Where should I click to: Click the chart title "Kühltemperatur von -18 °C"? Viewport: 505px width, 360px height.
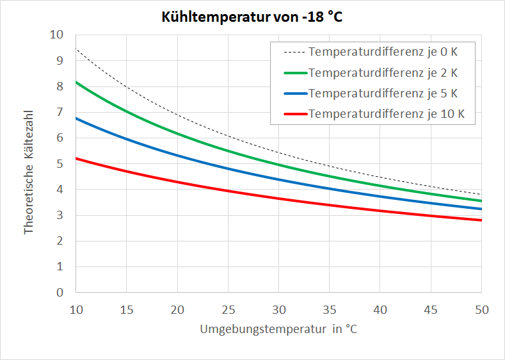click(x=252, y=17)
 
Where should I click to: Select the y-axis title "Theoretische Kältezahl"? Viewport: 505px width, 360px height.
click(x=29, y=171)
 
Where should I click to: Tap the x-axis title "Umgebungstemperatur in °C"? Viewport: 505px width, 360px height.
click(x=278, y=330)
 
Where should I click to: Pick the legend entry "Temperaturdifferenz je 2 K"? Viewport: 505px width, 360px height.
click(x=383, y=72)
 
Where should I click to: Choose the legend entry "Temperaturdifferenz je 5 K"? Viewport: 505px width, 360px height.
click(x=383, y=93)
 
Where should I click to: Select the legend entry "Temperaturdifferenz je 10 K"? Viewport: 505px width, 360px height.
click(x=386, y=114)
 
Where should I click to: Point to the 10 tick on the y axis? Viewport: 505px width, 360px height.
click(x=56, y=35)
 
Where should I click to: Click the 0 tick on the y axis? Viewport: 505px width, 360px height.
click(x=60, y=293)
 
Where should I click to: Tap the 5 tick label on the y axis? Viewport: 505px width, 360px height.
click(x=60, y=164)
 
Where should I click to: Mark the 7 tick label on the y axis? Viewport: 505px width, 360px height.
click(x=60, y=112)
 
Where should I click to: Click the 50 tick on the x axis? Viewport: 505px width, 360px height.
click(x=481, y=310)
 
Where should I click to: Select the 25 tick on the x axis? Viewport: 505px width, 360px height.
click(x=228, y=310)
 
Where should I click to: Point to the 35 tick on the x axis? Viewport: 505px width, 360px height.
click(x=329, y=310)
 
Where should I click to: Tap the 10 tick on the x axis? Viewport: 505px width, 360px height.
click(x=76, y=310)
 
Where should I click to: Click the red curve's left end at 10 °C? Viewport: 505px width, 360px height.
click(x=76, y=158)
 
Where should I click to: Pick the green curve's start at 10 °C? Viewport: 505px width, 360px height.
click(x=76, y=82)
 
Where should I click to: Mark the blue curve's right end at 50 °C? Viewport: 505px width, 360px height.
click(x=481, y=209)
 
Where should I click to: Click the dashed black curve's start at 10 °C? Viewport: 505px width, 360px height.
click(x=76, y=49)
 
